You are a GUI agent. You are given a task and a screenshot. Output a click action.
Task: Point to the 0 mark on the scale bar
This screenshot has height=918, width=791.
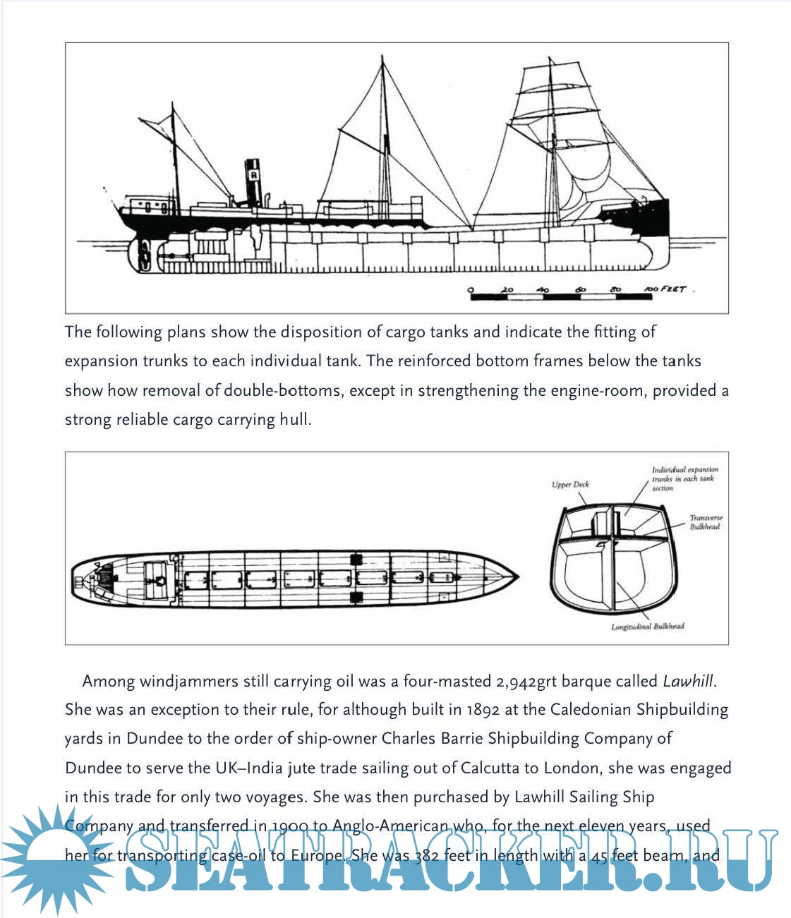point(471,289)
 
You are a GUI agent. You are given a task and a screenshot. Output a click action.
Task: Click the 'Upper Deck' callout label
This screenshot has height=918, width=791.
point(570,485)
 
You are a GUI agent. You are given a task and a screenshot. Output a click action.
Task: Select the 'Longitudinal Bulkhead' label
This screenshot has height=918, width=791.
point(648,627)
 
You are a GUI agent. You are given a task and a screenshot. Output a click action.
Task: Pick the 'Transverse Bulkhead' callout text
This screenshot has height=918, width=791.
point(706,522)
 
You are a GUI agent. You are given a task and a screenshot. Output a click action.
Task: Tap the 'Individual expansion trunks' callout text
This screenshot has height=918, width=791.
point(684,478)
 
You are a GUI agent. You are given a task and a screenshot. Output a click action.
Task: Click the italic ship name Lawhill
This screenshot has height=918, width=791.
point(688,682)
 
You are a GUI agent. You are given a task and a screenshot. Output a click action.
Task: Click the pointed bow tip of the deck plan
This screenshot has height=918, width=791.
point(517,577)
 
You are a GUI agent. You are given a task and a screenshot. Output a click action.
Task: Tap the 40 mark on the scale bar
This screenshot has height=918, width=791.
point(543,289)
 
